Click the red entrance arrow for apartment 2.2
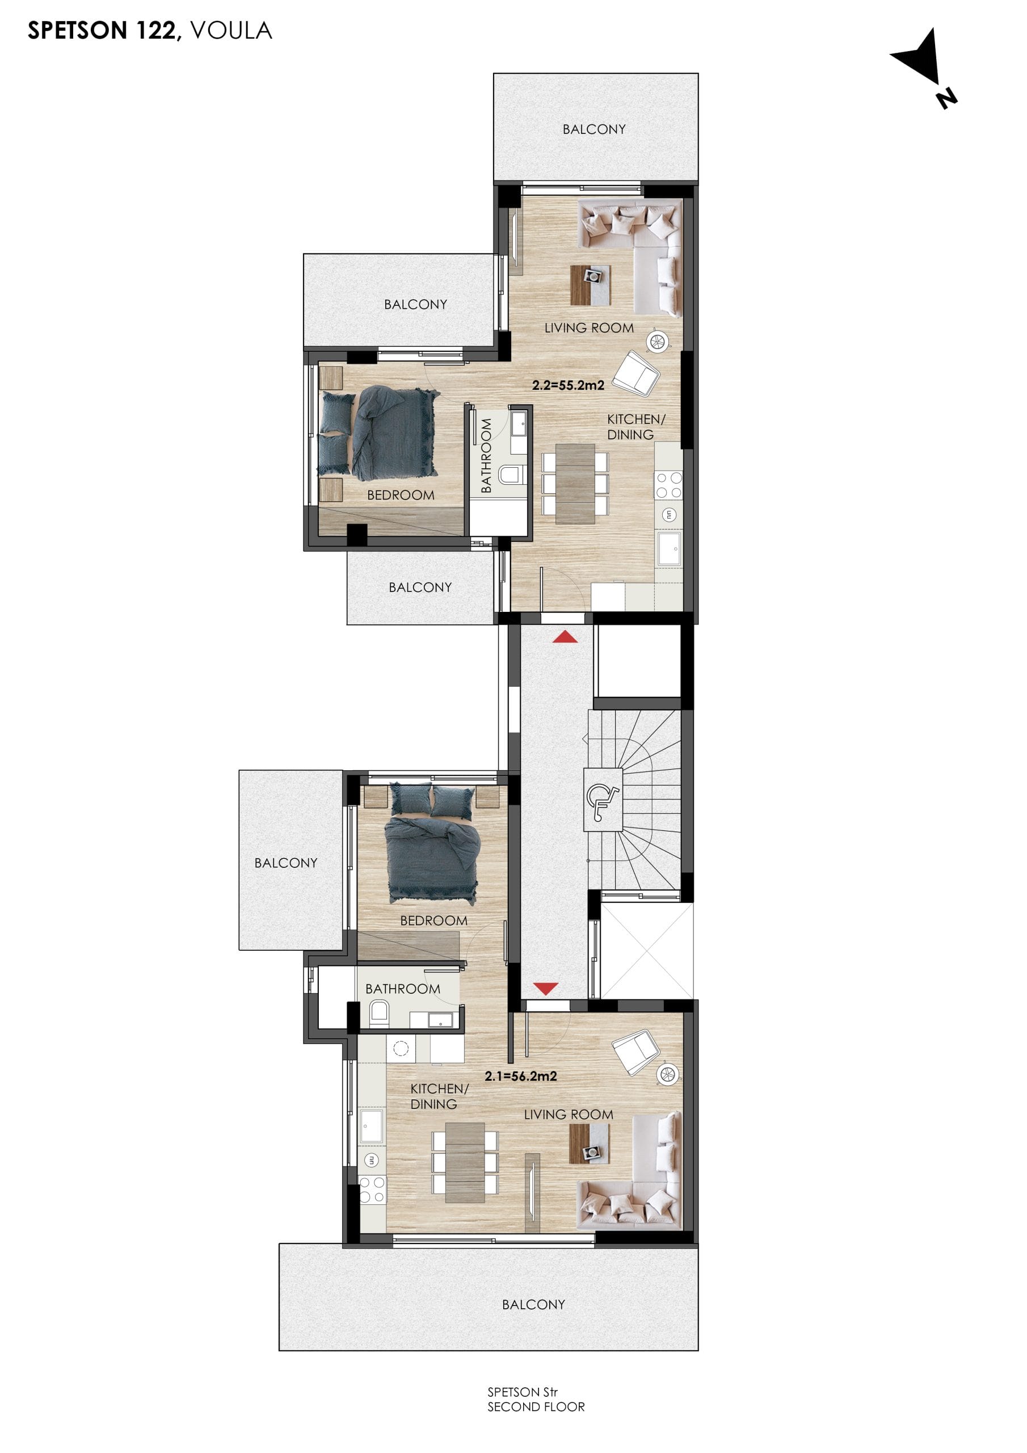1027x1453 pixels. (x=565, y=637)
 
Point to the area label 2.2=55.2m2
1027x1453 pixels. (x=568, y=385)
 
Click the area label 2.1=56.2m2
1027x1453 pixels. (x=521, y=1076)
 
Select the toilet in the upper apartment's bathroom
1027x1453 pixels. (x=511, y=474)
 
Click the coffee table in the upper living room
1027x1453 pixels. (x=590, y=285)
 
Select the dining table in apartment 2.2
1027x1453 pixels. (x=575, y=484)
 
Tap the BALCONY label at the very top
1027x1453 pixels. (x=594, y=129)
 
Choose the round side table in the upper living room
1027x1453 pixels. (x=658, y=342)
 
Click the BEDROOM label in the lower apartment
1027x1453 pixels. (x=433, y=921)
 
